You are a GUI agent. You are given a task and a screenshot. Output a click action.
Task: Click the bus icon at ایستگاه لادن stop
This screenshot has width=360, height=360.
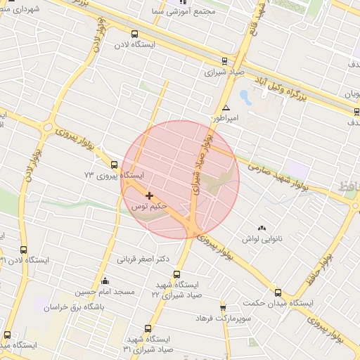click(134, 34)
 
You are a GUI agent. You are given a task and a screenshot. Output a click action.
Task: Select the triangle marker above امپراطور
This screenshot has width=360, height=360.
click(226, 108)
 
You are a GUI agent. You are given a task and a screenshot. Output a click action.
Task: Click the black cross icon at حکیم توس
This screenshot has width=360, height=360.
click(149, 195)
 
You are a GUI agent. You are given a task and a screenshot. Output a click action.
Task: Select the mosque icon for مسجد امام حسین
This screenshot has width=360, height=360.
click(105, 281)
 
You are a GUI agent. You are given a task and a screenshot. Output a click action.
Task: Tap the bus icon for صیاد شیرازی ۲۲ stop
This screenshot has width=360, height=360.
click(176, 274)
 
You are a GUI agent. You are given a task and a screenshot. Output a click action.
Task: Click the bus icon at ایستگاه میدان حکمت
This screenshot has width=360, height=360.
click(278, 292)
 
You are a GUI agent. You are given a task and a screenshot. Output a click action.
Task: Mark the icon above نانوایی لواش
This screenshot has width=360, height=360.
click(262, 228)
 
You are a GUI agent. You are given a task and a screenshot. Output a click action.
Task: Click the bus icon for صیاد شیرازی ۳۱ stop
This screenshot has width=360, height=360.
click(148, 328)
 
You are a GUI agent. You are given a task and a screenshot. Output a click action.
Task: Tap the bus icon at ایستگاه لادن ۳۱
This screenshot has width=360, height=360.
click(24, 250)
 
